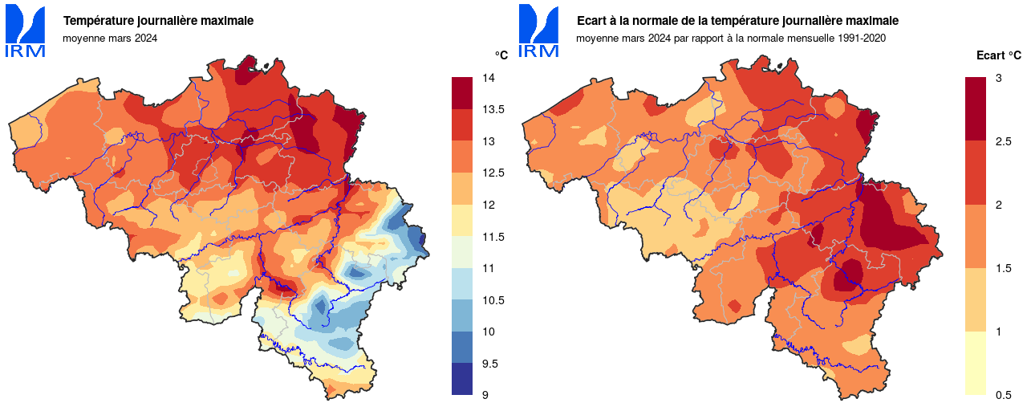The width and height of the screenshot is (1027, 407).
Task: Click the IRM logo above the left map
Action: tap(26, 31)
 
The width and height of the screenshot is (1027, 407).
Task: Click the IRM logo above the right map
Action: tap(539, 31)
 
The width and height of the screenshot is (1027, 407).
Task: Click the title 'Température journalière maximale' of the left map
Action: tap(158, 20)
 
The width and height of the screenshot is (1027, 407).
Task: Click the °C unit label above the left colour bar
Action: tap(501, 55)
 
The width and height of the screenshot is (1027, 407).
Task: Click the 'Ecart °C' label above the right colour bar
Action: tap(998, 55)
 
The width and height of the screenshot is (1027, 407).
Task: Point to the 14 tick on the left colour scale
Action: tap(488, 78)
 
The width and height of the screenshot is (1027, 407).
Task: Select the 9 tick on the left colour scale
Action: tap(485, 395)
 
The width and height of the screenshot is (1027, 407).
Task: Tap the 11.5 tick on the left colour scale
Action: tap(492, 237)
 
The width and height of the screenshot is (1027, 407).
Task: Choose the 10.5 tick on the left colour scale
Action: tap(492, 300)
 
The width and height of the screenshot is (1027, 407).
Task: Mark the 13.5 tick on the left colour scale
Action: tap(492, 110)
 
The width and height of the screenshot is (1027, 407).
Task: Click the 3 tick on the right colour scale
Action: tap(998, 78)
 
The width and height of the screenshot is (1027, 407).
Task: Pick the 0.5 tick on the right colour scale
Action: tap(1002, 395)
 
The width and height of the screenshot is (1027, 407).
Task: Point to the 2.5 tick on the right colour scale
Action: tap(1002, 141)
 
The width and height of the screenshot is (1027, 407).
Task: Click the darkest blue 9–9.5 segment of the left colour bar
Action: tap(463, 379)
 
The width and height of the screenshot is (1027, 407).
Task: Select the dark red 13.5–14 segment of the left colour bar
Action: tap(463, 93)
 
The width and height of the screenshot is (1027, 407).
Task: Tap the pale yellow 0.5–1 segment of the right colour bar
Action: tap(975, 363)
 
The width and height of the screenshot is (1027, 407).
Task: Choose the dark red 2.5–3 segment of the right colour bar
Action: tap(975, 109)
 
